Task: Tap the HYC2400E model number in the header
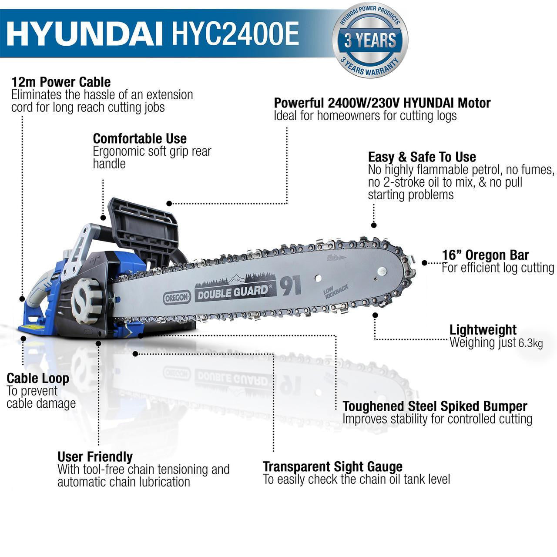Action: click(235, 34)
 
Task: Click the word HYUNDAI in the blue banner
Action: click(83, 34)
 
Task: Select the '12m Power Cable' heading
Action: click(61, 82)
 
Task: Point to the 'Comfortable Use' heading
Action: click(140, 139)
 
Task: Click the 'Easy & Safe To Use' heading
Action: click(422, 157)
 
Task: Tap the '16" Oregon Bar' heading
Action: click(485, 255)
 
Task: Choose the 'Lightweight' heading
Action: click(483, 330)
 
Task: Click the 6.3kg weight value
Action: click(530, 343)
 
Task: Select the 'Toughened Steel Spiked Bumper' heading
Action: click(435, 406)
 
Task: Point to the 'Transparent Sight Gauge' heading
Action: click(332, 467)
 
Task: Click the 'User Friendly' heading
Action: click(95, 457)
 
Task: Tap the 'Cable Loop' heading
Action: click(38, 379)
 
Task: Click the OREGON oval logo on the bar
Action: click(177, 298)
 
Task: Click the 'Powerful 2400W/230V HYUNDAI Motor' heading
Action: click(382, 103)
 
